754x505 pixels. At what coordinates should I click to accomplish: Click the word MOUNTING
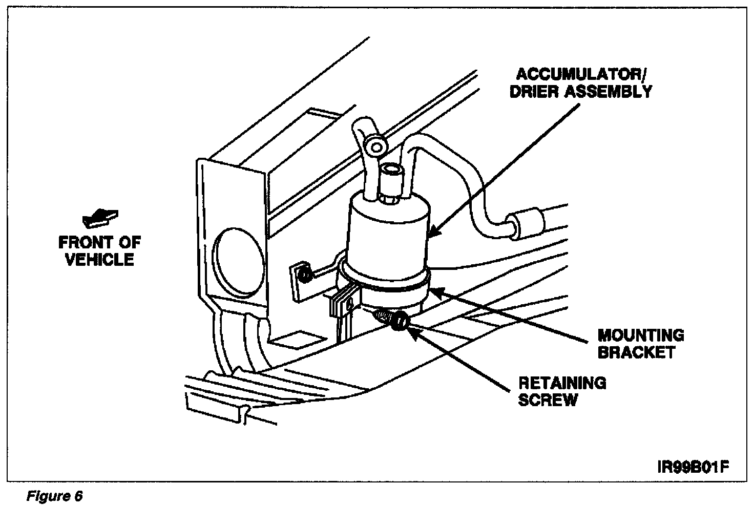point(640,335)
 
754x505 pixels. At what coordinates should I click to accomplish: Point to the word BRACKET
point(636,352)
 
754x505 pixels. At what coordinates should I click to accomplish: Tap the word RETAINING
point(562,383)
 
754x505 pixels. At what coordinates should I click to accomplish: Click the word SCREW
point(547,399)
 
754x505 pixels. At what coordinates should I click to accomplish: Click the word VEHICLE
point(100,259)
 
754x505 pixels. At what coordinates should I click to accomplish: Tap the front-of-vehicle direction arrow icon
point(100,217)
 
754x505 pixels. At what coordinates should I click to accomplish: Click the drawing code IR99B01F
point(692,468)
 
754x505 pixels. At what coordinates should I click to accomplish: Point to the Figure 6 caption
point(54,496)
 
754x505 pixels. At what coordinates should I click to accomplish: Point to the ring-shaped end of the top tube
point(377,147)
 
